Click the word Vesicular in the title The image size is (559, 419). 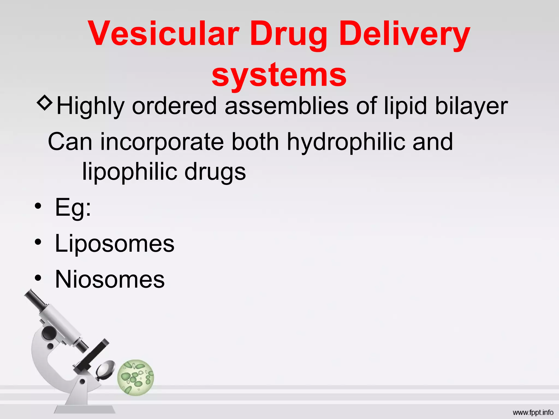[164, 34]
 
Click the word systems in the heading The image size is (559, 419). [279, 75]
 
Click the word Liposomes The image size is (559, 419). [115, 243]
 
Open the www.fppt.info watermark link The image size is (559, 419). [533, 412]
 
